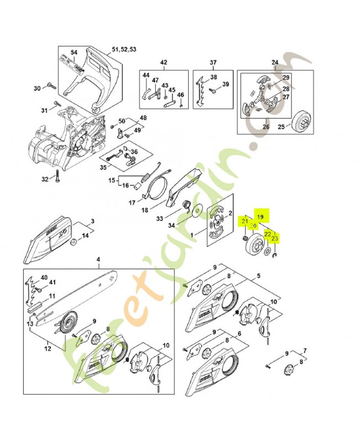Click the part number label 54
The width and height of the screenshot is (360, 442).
pyautogui.click(x=74, y=52)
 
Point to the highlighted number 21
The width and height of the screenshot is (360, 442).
pyautogui.click(x=245, y=222)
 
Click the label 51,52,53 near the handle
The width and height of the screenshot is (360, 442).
pyautogui.click(x=124, y=49)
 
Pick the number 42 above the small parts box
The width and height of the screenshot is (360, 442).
pyautogui.click(x=163, y=62)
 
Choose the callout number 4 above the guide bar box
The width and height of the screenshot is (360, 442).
pyautogui.click(x=98, y=260)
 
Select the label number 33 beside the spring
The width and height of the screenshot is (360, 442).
pyautogui.click(x=160, y=219)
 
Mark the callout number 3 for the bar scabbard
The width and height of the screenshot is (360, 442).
pyautogui.click(x=92, y=221)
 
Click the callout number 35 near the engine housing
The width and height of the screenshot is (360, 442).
pyautogui.click(x=103, y=167)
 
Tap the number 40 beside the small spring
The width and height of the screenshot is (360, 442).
pyautogui.click(x=44, y=277)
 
